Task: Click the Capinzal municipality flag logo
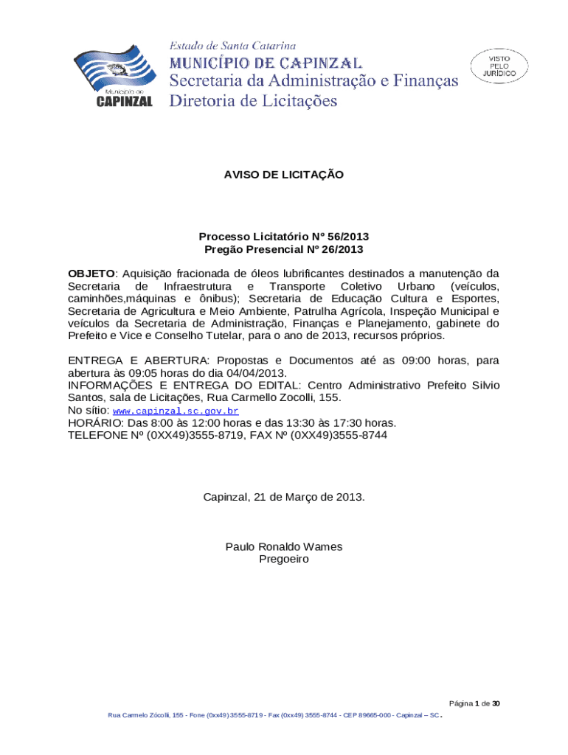click(x=115, y=74)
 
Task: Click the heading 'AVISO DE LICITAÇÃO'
click(x=284, y=175)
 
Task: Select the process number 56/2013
click(x=344, y=237)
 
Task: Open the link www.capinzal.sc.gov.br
click(x=175, y=411)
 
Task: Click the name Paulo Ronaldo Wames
click(x=284, y=546)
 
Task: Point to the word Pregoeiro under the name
click(x=284, y=559)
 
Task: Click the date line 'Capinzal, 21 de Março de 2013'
click(x=284, y=497)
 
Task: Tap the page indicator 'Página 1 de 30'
click(x=474, y=704)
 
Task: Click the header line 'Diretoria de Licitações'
click(x=253, y=100)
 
